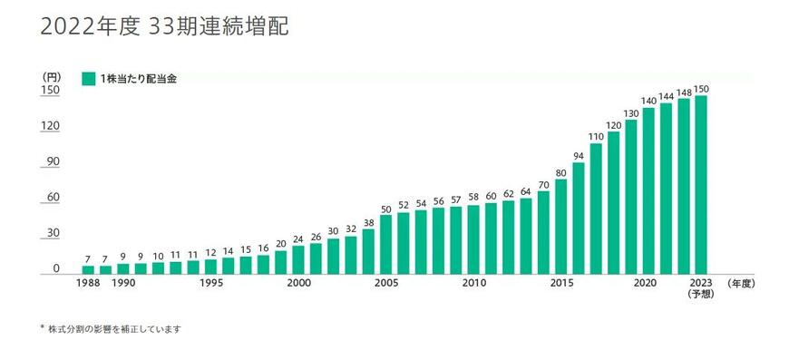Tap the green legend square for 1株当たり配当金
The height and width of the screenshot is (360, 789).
click(x=88, y=78)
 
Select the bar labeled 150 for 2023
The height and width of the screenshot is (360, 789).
click(x=701, y=184)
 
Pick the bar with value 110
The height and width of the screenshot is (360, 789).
click(x=596, y=209)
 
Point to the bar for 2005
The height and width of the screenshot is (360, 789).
click(x=386, y=244)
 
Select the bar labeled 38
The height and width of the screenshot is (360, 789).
click(x=368, y=251)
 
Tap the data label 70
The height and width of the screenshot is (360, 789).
click(x=543, y=185)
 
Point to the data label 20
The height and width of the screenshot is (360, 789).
click(x=281, y=243)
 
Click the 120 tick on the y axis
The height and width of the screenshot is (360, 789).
click(x=50, y=125)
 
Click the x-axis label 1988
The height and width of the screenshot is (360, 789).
click(x=88, y=284)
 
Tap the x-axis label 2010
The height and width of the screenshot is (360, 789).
click(x=473, y=284)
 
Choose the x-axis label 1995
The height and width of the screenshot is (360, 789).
click(x=210, y=284)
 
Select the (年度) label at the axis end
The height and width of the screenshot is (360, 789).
click(x=741, y=284)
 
